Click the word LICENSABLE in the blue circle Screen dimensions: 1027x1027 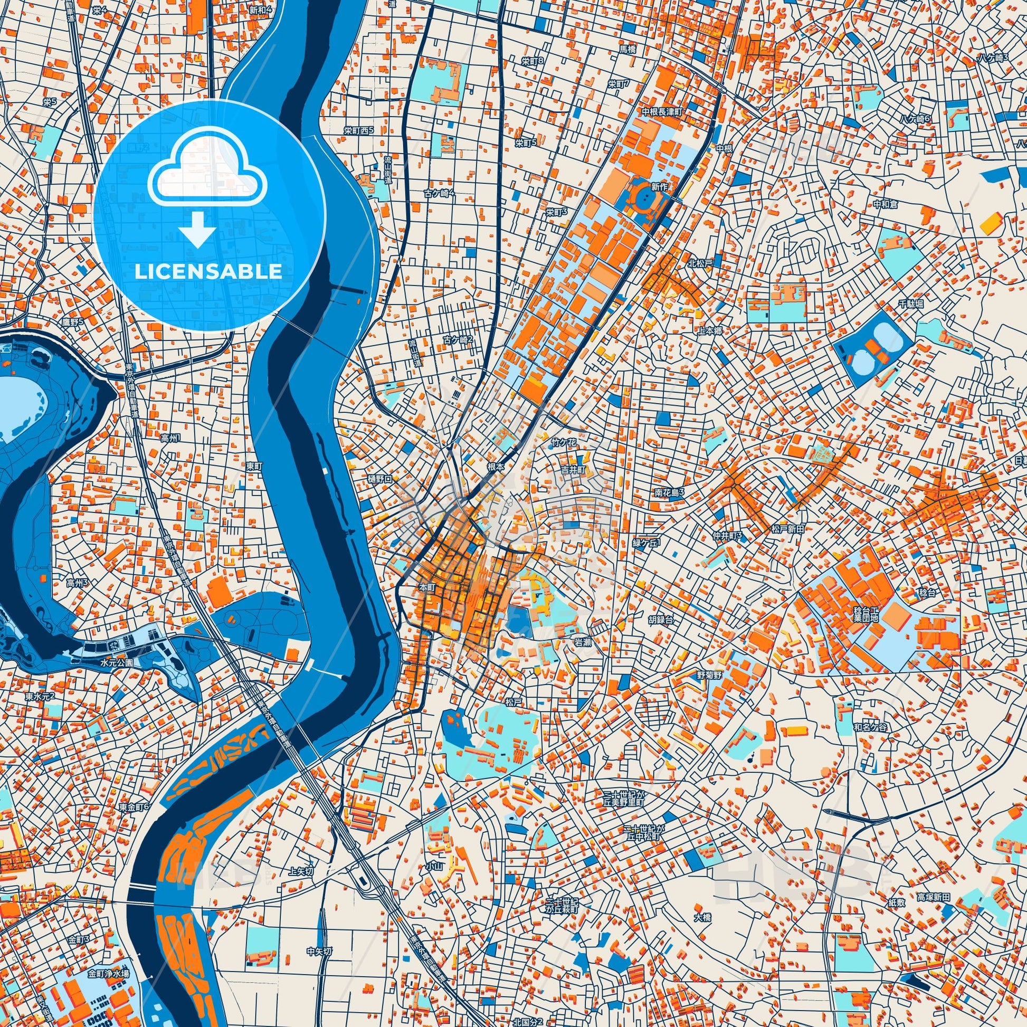click(x=208, y=272)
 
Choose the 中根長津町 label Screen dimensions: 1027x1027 click(x=662, y=112)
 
